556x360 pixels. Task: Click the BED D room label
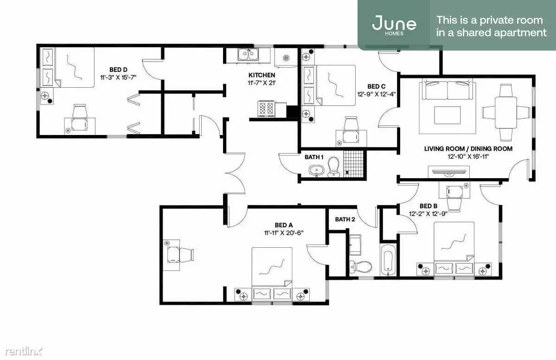[x=118, y=70]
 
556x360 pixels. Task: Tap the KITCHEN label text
[x=262, y=75]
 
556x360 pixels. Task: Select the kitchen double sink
[x=248, y=55]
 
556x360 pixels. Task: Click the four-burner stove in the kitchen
[x=266, y=109]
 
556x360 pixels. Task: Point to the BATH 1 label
[x=314, y=157]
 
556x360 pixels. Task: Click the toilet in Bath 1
[x=333, y=166]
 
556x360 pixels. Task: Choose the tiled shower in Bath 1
[x=353, y=163]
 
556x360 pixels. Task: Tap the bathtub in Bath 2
[x=387, y=260]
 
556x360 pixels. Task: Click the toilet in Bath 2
[x=360, y=266]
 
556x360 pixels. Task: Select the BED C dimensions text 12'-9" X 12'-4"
[x=376, y=94]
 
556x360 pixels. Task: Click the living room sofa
[x=447, y=90]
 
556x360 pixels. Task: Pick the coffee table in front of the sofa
[x=447, y=115]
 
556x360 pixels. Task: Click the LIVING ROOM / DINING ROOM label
[x=468, y=149]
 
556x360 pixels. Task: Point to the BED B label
[x=428, y=206]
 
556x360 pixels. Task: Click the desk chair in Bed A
[x=186, y=254]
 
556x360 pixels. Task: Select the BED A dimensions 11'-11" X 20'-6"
[x=284, y=233]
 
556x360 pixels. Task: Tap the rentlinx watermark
[x=24, y=351]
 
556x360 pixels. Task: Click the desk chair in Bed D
[x=80, y=111]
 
